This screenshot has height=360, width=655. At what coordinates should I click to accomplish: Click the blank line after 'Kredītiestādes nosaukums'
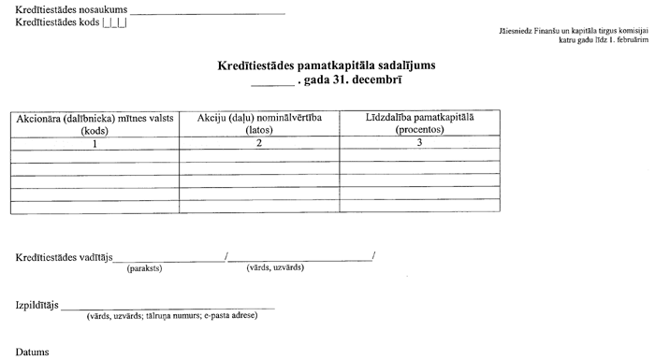208,13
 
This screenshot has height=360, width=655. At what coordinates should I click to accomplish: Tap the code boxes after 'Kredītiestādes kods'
115,22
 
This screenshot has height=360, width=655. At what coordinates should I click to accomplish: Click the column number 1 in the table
95,143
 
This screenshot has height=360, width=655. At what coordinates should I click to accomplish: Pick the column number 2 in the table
259,143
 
